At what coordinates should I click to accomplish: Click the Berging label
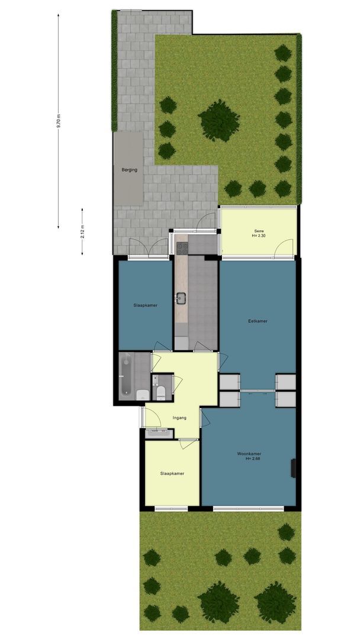tap(129, 170)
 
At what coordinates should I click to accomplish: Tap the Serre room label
tap(259, 231)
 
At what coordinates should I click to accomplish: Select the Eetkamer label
tap(258, 321)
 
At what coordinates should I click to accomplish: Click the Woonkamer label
tap(249, 454)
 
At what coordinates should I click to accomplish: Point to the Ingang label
tap(179, 418)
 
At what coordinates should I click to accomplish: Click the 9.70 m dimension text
tap(58, 121)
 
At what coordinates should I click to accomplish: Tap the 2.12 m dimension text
tap(82, 231)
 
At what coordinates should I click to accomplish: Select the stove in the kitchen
tap(182, 248)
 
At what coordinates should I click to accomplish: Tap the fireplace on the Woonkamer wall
tap(293, 468)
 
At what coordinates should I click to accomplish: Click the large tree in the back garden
tap(219, 121)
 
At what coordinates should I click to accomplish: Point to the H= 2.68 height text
tap(253, 459)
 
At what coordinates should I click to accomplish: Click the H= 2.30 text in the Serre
tap(259, 235)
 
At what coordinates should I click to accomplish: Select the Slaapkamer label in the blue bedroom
tap(146, 305)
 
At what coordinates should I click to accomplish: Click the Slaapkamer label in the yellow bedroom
tap(172, 473)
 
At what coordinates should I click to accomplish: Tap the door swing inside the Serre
tap(284, 248)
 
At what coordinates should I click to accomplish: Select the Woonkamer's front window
tap(248, 508)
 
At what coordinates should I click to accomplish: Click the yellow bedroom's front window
tap(171, 508)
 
